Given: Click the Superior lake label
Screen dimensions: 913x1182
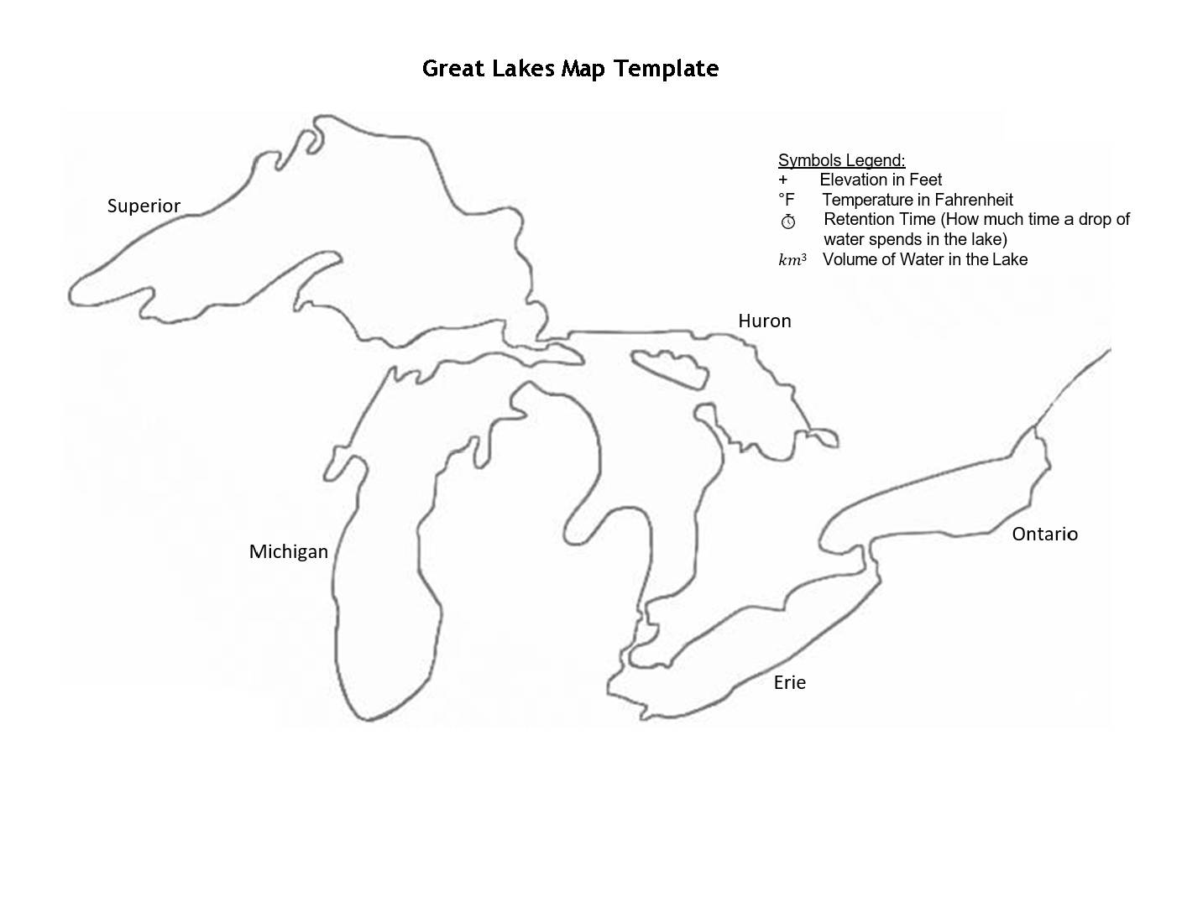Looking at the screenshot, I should tap(144, 206).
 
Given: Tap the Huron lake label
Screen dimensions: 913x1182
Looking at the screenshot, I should tap(764, 321).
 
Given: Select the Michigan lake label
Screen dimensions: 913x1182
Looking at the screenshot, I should tap(288, 552).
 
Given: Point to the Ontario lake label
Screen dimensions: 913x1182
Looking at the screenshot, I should tap(1044, 535).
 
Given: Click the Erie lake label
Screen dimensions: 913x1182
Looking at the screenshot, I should tap(789, 683).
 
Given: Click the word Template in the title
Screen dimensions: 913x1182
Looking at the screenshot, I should tap(666, 69).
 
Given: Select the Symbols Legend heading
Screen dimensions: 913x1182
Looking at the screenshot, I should tap(841, 160).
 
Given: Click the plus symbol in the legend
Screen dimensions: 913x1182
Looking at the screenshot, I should tap(783, 180).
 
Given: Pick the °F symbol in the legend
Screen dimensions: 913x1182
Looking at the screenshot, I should tap(786, 200).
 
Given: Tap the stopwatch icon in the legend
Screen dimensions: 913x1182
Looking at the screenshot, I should tap(787, 222).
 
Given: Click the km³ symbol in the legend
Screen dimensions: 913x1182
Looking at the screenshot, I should tap(792, 260).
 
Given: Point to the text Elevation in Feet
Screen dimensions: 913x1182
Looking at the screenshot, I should tap(881, 180).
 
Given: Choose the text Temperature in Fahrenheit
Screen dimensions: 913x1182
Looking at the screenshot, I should tap(917, 200).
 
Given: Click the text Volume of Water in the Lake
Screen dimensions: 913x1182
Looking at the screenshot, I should tap(924, 259).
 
